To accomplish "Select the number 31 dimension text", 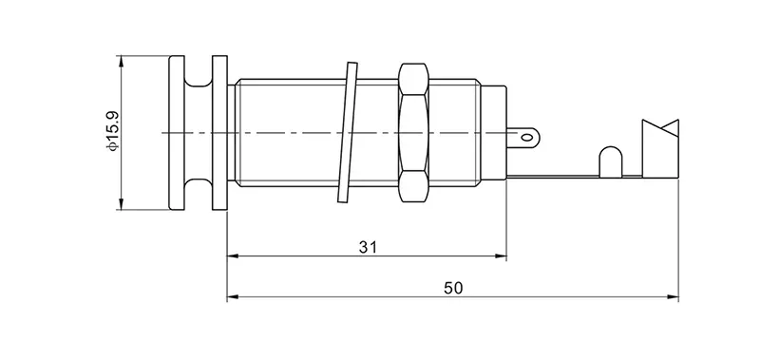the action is coord(368,247).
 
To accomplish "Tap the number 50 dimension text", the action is coord(453,289).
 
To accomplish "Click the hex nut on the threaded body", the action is coord(413,132).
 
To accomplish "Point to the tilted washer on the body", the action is coord(348,132).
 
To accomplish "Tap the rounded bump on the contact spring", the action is coord(611,161).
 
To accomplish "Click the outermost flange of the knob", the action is coord(177,133).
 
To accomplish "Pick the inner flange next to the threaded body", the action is coord(220,133).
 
